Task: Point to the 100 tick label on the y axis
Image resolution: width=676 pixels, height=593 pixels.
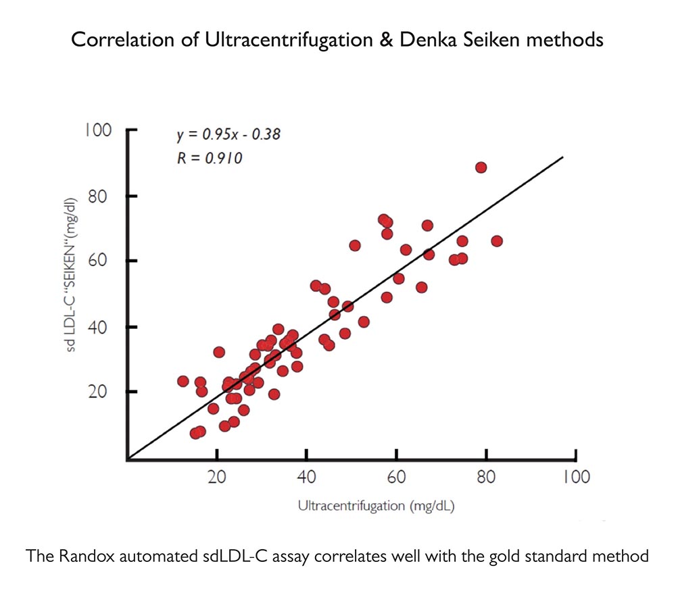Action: click(98, 130)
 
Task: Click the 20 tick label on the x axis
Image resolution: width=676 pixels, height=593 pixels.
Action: click(216, 477)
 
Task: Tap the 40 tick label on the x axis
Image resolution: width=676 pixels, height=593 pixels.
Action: click(306, 477)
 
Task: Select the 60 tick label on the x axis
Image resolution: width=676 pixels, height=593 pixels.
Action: click(396, 477)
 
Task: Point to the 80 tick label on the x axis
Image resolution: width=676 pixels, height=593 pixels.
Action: click(486, 477)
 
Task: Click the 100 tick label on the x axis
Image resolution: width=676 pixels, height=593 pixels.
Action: click(575, 477)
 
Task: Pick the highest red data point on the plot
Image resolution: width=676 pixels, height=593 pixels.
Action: click(481, 167)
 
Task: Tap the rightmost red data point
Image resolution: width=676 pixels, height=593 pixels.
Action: click(497, 241)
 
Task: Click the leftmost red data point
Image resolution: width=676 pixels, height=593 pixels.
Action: click(183, 381)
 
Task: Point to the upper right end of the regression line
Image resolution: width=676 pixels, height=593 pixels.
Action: click(562, 157)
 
